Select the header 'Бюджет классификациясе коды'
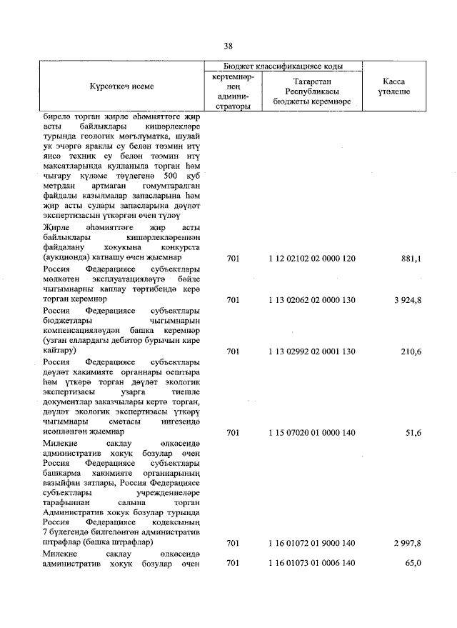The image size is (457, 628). coord(283,66)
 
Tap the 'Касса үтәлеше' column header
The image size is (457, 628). coord(393,86)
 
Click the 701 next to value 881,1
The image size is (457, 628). coord(232,258)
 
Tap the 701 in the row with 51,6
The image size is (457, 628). coord(232,433)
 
